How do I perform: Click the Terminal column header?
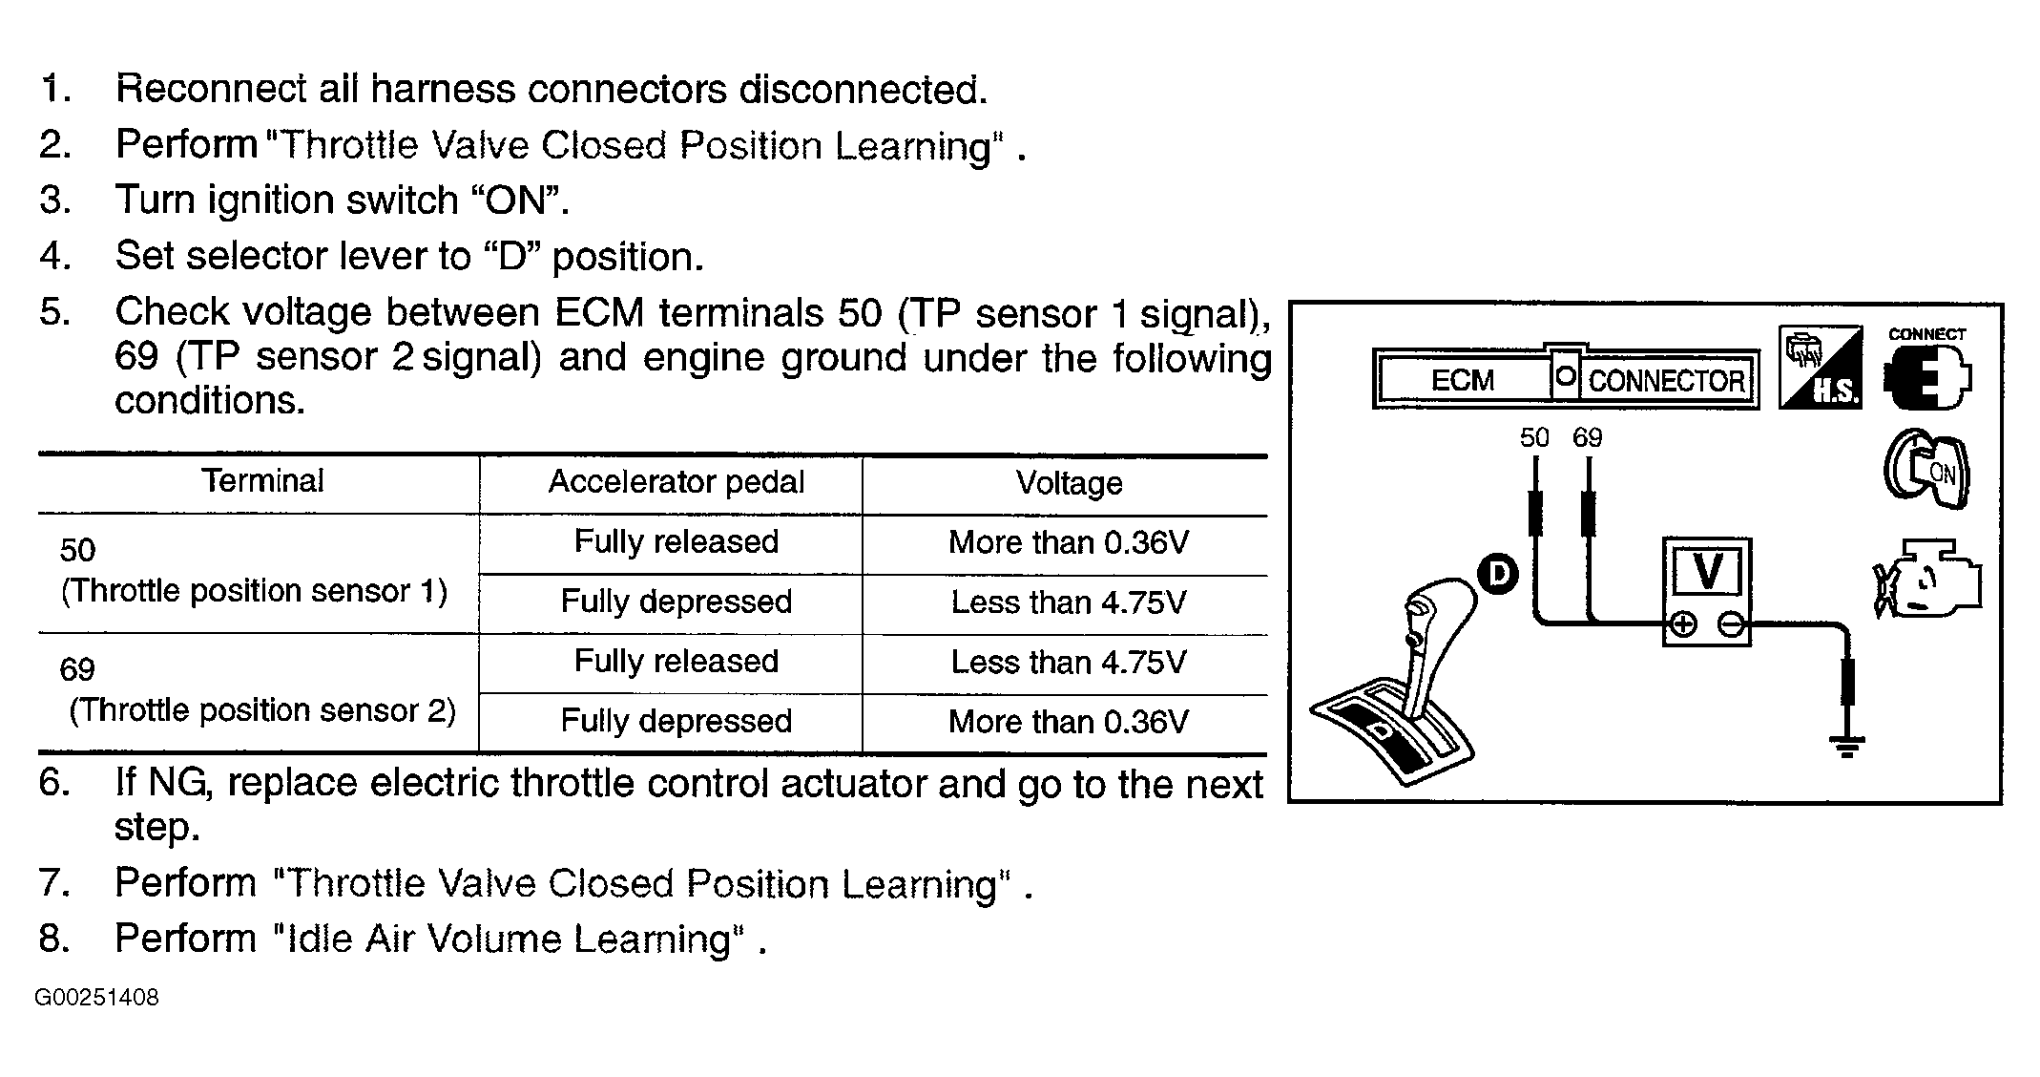click(x=262, y=480)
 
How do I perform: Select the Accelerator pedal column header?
click(x=676, y=482)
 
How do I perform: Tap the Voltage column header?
click(x=1069, y=483)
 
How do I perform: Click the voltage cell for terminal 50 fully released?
click(x=1069, y=543)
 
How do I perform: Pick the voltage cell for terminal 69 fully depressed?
click(x=1069, y=722)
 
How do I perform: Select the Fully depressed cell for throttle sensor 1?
click(x=676, y=602)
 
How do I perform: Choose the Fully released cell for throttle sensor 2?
click(x=676, y=662)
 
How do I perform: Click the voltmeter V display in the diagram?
click(x=1707, y=573)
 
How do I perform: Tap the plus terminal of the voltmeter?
click(x=1683, y=625)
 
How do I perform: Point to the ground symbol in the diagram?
click(x=1848, y=745)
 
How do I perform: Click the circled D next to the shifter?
click(x=1498, y=574)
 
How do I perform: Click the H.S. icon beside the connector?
click(x=1820, y=368)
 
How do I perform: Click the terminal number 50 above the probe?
click(x=1534, y=438)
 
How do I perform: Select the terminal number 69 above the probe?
click(x=1588, y=438)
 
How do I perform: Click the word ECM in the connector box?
click(x=1462, y=381)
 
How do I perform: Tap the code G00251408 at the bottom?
click(x=97, y=999)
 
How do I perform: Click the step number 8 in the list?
click(x=54, y=940)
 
